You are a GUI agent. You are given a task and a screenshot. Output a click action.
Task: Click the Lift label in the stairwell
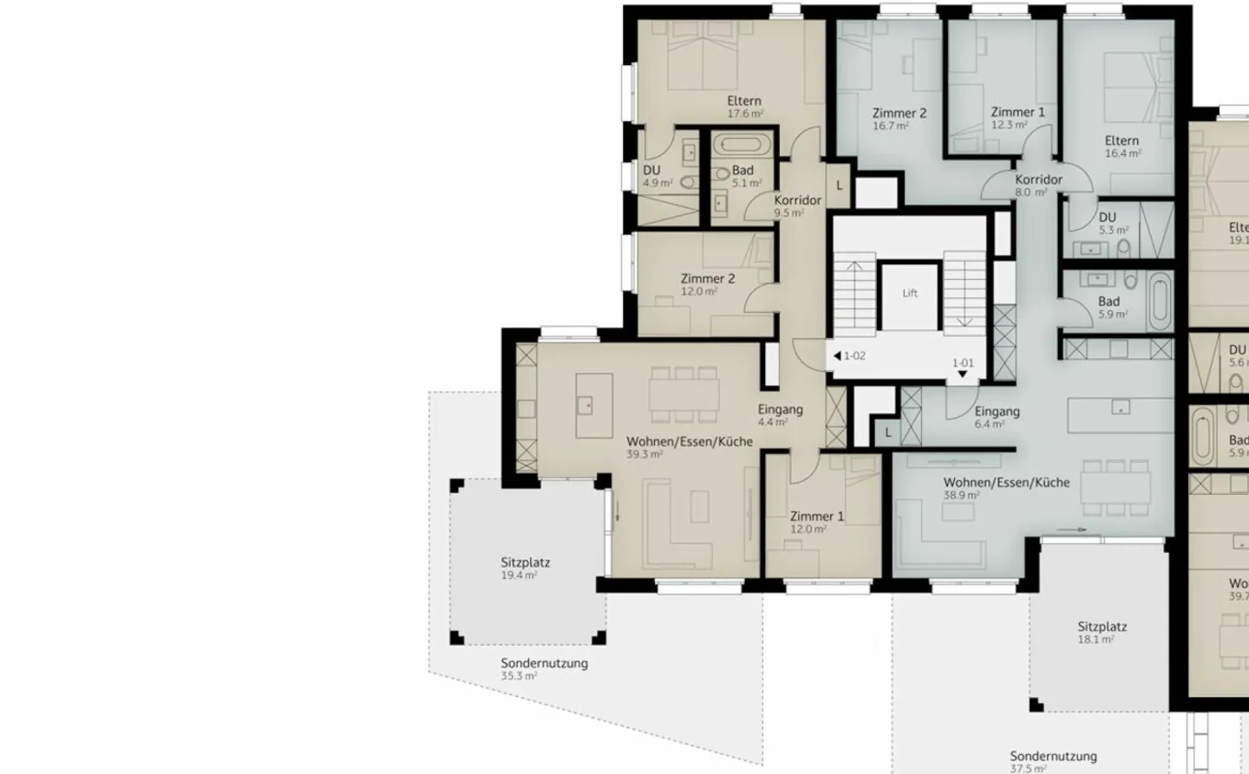pos(909,293)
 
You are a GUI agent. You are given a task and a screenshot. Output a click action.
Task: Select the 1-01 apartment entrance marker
pos(963,367)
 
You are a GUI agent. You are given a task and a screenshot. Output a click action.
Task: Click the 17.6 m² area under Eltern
pos(745,114)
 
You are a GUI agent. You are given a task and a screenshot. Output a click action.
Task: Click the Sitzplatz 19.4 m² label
pos(525,568)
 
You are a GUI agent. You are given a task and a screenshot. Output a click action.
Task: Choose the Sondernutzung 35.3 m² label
pos(544,668)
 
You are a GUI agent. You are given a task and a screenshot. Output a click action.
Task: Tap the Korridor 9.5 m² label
pos(797,205)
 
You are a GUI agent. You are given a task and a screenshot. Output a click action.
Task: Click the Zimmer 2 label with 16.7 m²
pos(899,119)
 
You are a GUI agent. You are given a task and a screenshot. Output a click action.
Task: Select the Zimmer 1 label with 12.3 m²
pos(1017,118)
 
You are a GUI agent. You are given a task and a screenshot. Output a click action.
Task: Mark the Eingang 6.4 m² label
pos(997,417)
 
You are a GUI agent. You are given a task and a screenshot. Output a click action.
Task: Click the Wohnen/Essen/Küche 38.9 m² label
pos(1006,488)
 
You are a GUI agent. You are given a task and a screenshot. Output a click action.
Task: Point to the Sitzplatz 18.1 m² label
pos(1102,632)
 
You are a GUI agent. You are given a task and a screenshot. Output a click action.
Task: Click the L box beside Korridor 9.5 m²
pos(839,185)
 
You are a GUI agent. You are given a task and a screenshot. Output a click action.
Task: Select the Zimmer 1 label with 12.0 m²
pos(816,522)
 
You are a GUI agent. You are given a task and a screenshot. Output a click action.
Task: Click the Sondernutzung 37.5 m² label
pos(1052,761)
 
